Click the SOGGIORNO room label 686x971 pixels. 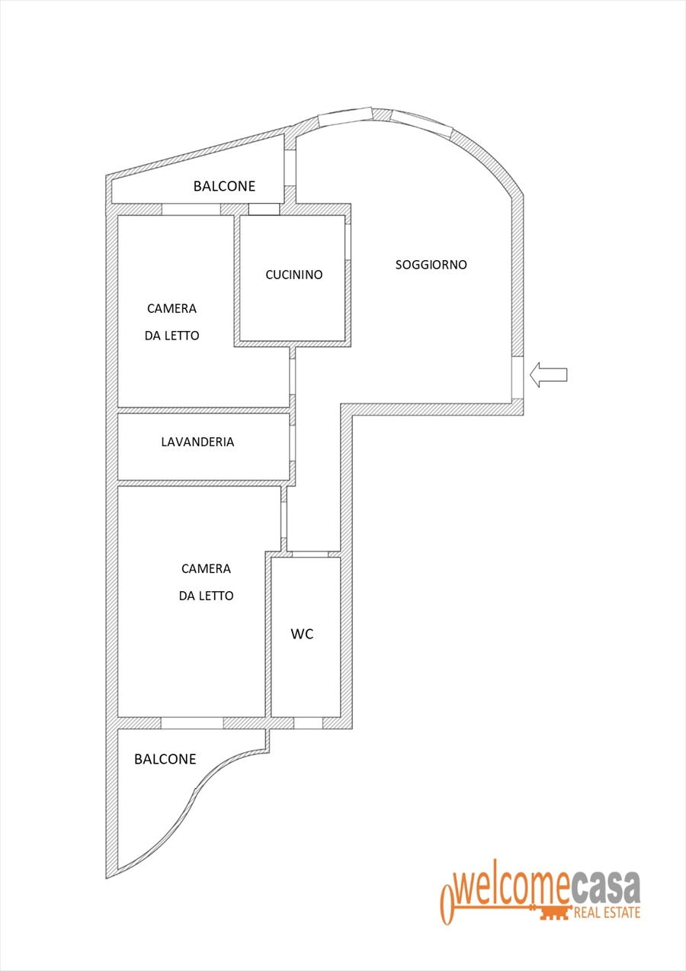pos(431,265)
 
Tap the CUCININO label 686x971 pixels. pos(294,275)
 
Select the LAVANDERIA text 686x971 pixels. pos(197,442)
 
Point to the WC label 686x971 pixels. pos(303,634)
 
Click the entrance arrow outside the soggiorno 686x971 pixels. pos(548,375)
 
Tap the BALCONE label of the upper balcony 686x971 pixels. pos(224,186)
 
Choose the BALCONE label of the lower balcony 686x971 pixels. pos(165,759)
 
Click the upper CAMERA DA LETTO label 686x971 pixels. pos(172,322)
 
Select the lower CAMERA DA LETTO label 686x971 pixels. pos(206,582)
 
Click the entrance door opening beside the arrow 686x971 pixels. pos(518,378)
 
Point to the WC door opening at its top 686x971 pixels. pos(310,554)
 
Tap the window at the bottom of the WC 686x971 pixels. pos(309,722)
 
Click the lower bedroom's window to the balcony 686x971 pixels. pos(192,722)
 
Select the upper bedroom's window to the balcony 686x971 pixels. pos(191,209)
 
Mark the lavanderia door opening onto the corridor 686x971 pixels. pos(293,443)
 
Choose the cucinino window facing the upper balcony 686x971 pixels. pos(264,209)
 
